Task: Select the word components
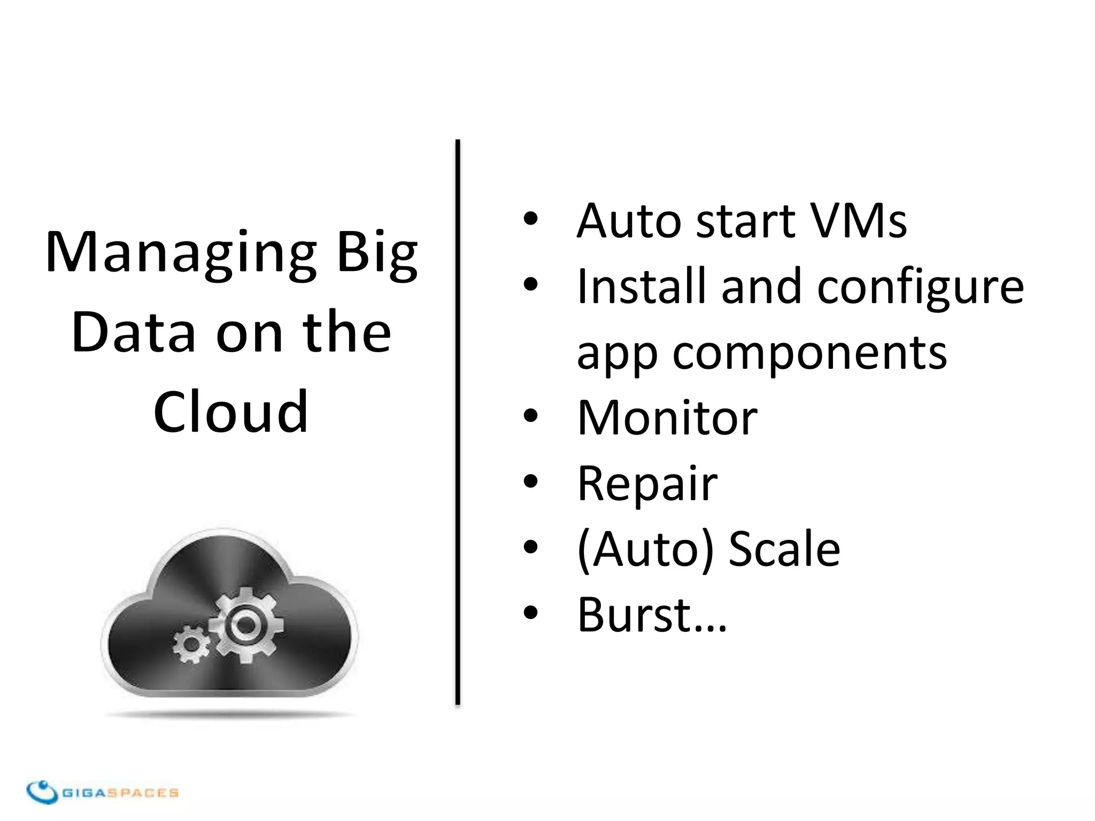coord(809,354)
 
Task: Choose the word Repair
coord(647,484)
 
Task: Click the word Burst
coord(636,615)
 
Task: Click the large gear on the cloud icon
coord(246,623)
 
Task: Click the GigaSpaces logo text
coord(120,793)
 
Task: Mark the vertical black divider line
coord(458,422)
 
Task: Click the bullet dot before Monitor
coord(530,416)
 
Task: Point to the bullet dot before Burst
coord(530,614)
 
